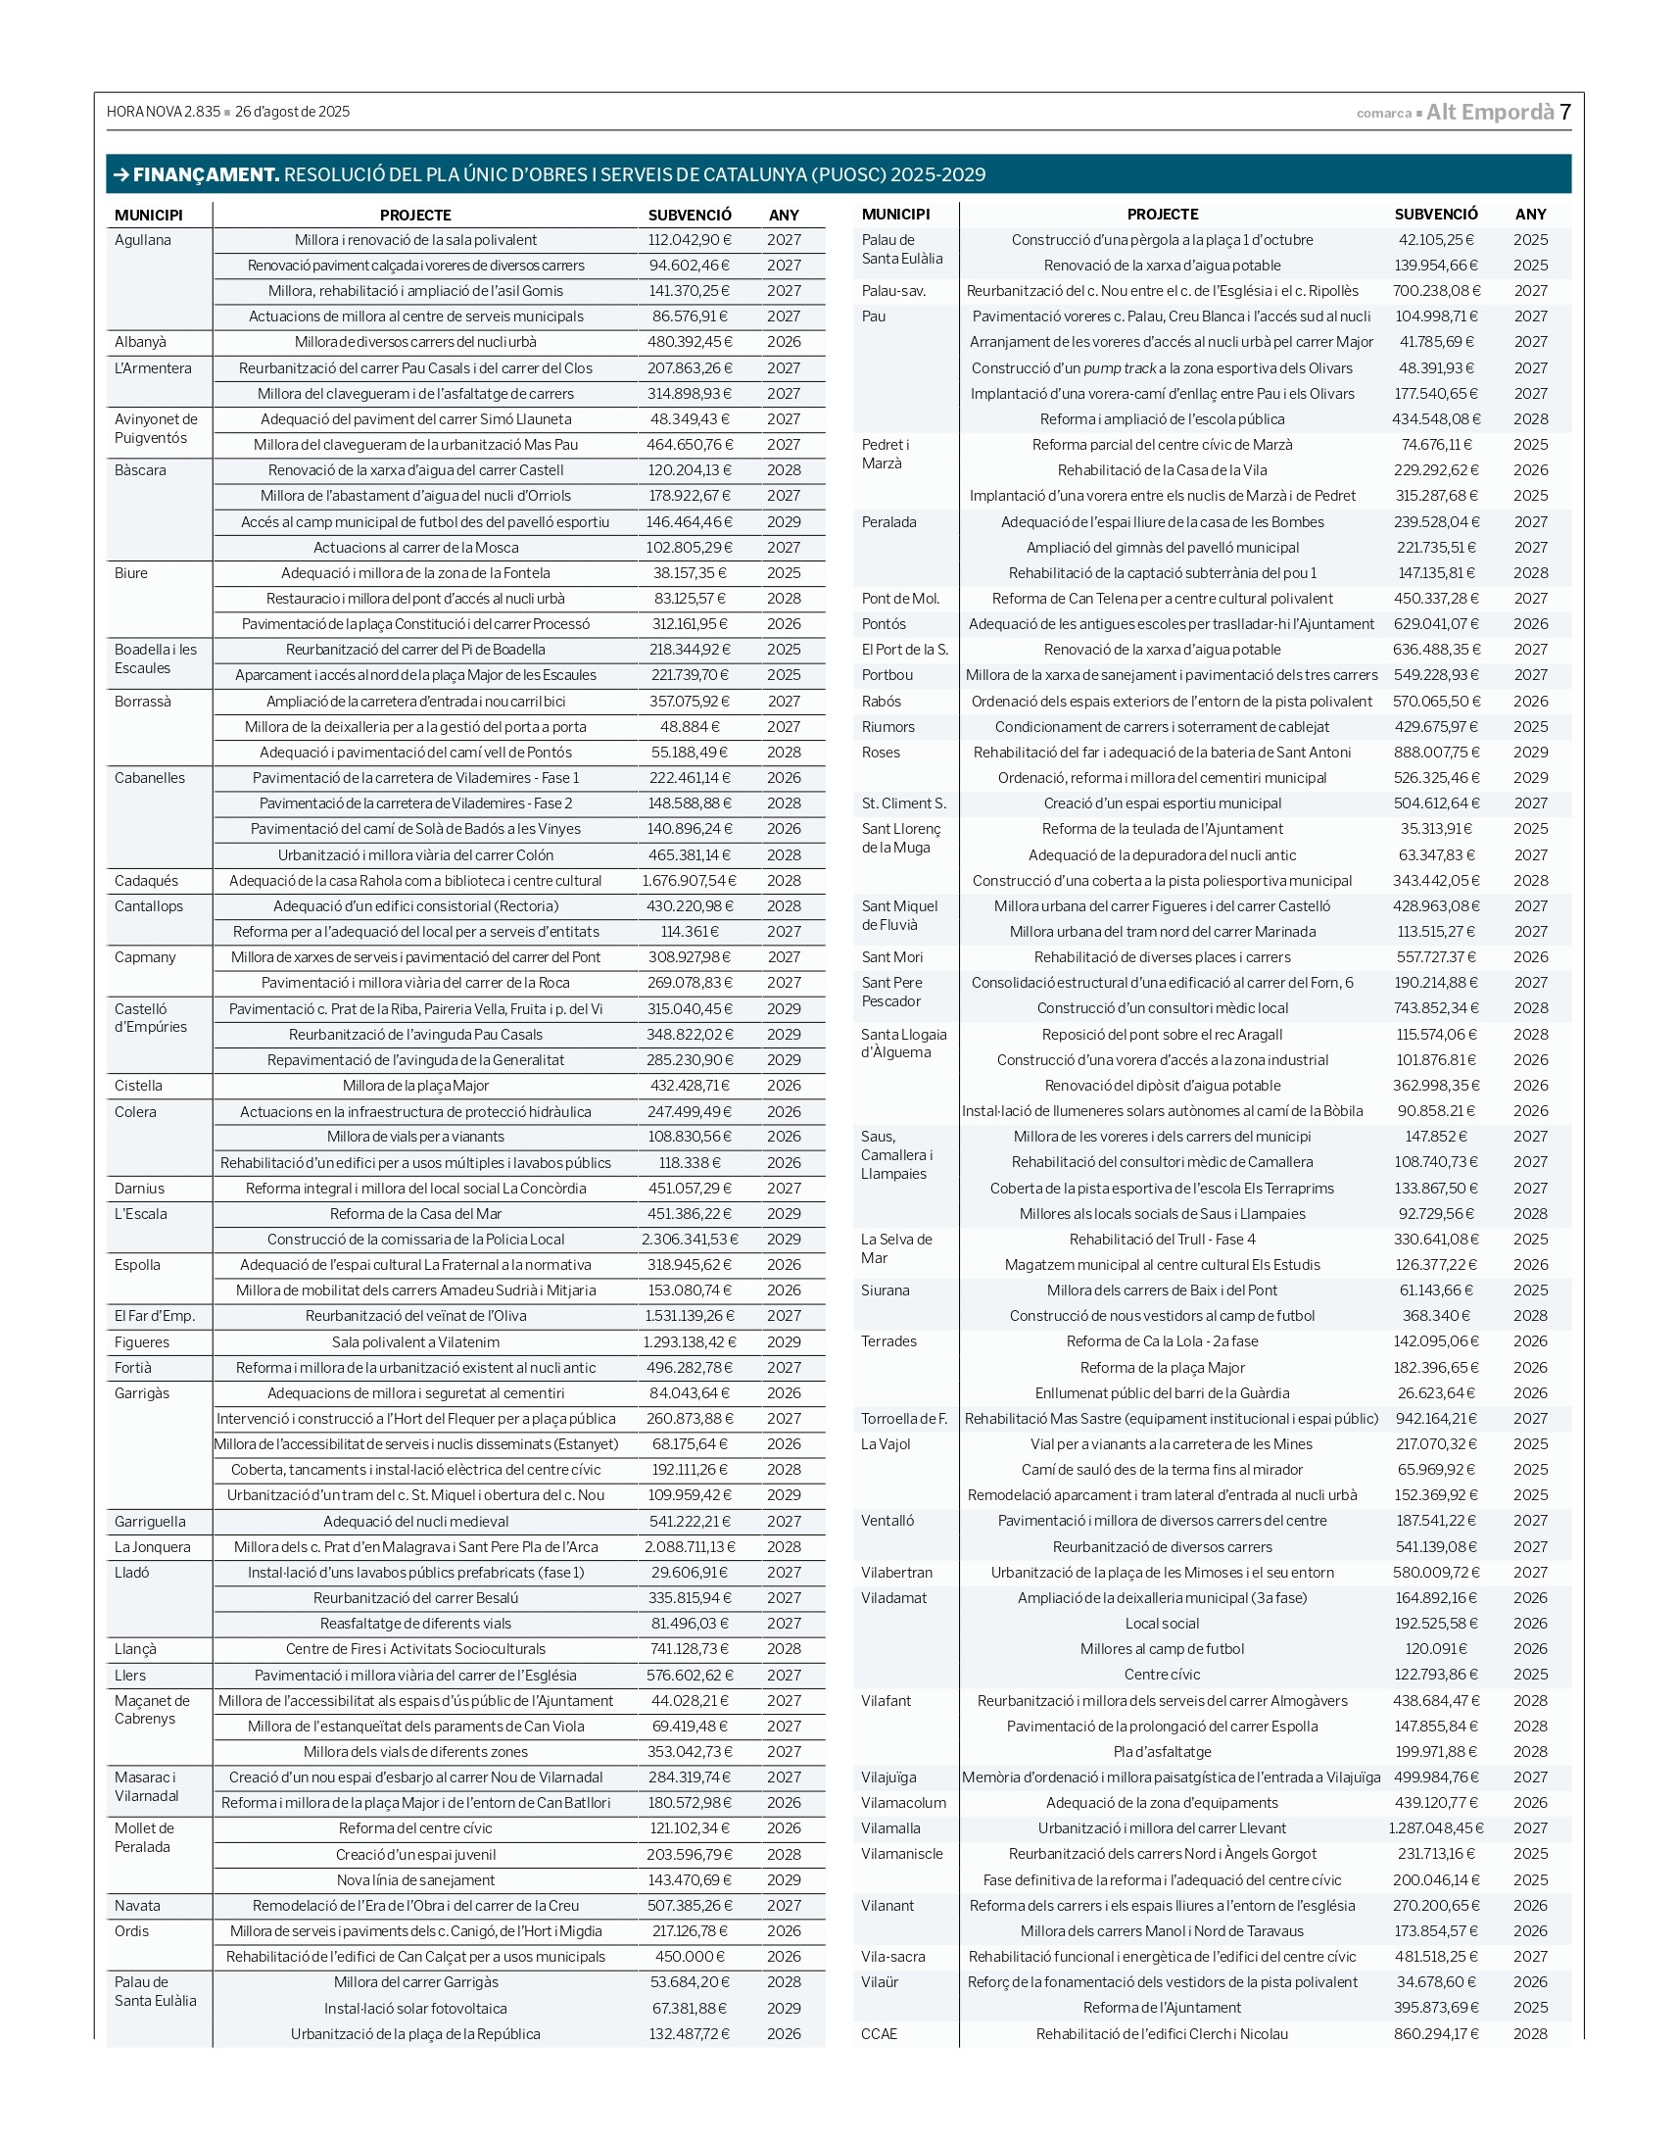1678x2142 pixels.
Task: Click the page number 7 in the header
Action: tap(1565, 112)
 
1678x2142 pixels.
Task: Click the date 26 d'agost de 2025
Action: tap(292, 112)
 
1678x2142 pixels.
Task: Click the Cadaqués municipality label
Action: tap(146, 880)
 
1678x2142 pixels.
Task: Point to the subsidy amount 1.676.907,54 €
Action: tap(689, 880)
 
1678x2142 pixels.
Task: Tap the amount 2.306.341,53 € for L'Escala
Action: tap(690, 1239)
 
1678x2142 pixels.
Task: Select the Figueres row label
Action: tap(141, 1342)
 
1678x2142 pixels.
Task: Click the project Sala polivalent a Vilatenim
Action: tap(415, 1342)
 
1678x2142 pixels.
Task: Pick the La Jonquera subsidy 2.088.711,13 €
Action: tap(690, 1546)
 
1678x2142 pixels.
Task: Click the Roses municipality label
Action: tap(881, 753)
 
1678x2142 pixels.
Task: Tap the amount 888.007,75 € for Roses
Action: tap(1435, 753)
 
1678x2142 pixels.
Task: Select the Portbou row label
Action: tap(887, 675)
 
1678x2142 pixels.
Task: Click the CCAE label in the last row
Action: tap(880, 2034)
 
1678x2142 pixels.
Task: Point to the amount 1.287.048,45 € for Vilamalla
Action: tap(1435, 1828)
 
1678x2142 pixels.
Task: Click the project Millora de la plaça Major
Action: tap(415, 1086)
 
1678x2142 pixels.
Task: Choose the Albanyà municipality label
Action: tap(140, 342)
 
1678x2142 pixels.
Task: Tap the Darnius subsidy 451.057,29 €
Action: tap(690, 1188)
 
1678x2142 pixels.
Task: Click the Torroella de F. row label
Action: tap(904, 1419)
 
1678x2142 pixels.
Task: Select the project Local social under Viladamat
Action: tap(1162, 1624)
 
